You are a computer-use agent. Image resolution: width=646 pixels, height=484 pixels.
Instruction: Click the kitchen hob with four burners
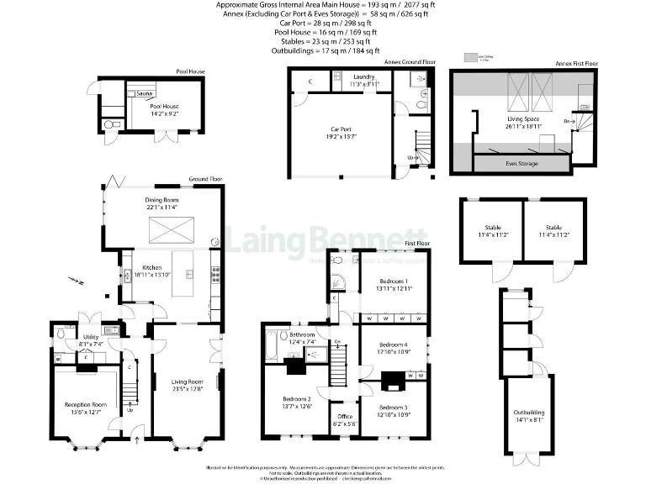click(x=216, y=272)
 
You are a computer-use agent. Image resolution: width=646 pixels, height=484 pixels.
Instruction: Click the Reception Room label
click(x=82, y=404)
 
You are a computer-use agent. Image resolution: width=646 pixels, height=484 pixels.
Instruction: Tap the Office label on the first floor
click(x=345, y=416)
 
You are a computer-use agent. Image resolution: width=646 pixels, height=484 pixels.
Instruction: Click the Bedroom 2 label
click(x=296, y=398)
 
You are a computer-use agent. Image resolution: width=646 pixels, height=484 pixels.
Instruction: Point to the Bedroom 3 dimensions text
click(x=391, y=414)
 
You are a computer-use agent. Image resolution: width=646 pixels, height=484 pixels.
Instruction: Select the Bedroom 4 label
click(x=393, y=345)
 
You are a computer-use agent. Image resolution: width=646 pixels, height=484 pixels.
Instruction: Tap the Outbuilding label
click(x=528, y=413)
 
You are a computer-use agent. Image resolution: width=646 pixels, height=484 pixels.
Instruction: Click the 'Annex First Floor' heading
click(x=577, y=63)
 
